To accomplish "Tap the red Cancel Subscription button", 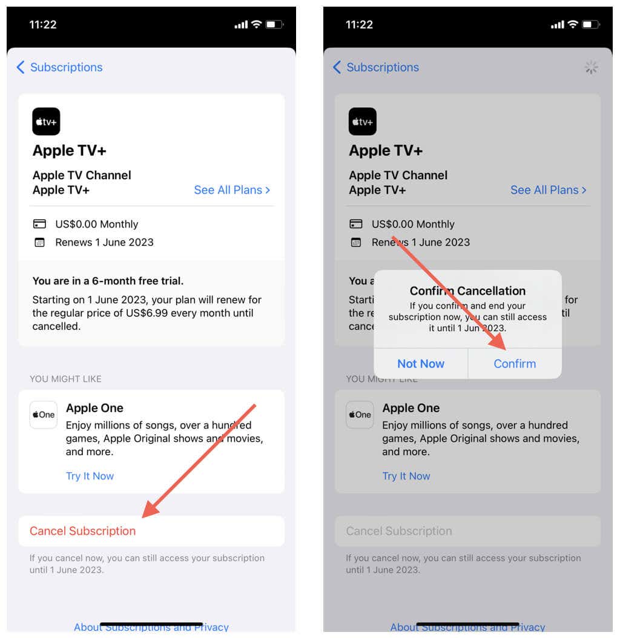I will [x=83, y=531].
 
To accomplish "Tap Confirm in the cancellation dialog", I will [x=515, y=364].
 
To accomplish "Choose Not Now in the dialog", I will [x=421, y=364].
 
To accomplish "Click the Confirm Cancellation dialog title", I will [x=467, y=291].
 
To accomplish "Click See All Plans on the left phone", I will [x=232, y=190].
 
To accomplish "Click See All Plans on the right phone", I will [x=548, y=190].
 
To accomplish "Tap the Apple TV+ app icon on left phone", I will [x=46, y=122].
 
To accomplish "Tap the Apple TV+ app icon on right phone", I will [x=363, y=122].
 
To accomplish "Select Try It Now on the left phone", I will [x=90, y=476].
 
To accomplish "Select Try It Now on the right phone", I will [x=406, y=476].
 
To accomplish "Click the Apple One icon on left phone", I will [x=44, y=415].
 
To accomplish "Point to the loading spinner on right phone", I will [x=592, y=68].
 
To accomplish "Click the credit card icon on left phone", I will [x=39, y=225].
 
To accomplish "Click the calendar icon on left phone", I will [x=39, y=243].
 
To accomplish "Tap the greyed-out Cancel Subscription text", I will [x=399, y=531].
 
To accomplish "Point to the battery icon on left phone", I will [x=274, y=25].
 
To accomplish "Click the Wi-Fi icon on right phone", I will [x=573, y=25].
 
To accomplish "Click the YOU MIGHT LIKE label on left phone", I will [x=65, y=379].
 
